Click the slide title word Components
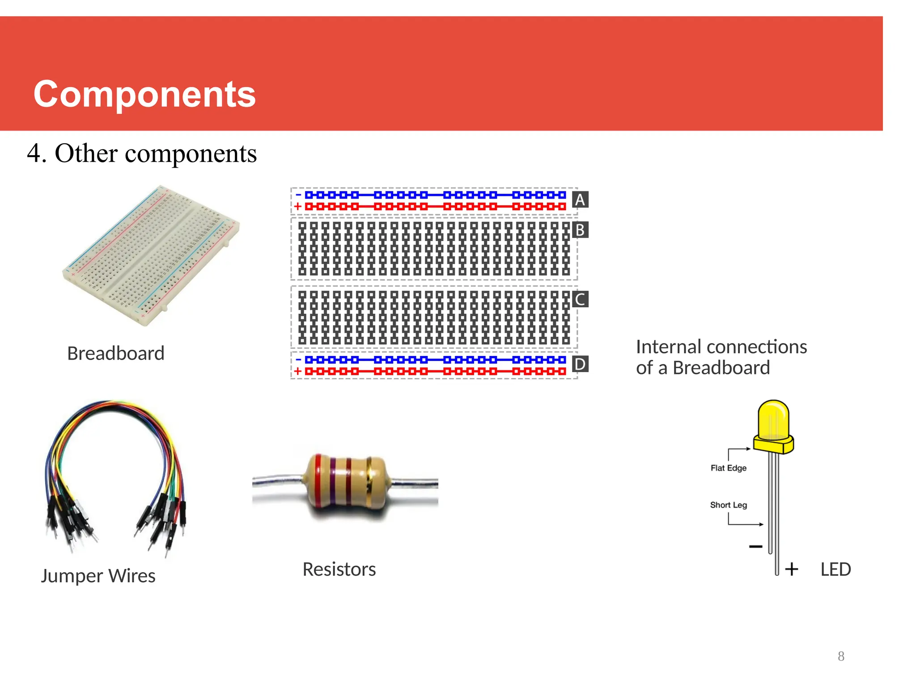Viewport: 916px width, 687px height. tap(144, 94)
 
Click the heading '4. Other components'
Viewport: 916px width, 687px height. tap(142, 153)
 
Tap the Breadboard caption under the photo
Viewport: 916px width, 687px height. tap(116, 353)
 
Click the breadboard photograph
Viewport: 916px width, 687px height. tap(151, 255)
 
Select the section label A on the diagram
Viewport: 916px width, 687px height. tap(580, 199)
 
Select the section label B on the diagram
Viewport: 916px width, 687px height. tap(580, 230)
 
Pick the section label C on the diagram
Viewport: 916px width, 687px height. tap(580, 299)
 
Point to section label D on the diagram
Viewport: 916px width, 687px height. tap(580, 364)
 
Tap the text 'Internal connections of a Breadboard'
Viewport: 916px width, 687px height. tap(721, 357)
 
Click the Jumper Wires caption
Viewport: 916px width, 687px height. tap(98, 576)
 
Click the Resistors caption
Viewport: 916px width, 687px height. tap(339, 569)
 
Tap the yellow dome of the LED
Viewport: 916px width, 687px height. tap(773, 420)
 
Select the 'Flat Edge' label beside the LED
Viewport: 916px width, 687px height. tap(729, 468)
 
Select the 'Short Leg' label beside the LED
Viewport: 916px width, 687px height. tap(729, 505)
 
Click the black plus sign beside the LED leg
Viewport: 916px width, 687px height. tap(792, 569)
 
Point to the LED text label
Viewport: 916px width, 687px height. tap(835, 569)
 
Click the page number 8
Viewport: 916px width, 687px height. tap(841, 656)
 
